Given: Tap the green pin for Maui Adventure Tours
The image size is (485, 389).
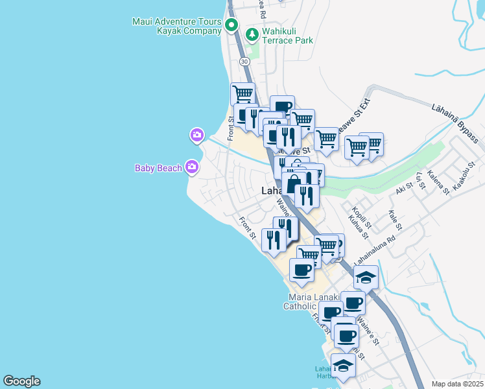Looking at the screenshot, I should pos(232,26).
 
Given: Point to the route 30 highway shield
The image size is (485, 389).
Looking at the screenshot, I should pos(244,61).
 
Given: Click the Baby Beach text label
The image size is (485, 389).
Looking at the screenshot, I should pos(158,168).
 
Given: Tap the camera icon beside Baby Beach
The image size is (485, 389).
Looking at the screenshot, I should pos(191,168).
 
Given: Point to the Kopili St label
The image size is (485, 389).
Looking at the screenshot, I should pos(361,221).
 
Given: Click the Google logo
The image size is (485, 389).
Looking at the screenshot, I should pos(21,381).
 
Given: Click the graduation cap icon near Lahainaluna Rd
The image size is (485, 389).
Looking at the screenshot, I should pos(366,277).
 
